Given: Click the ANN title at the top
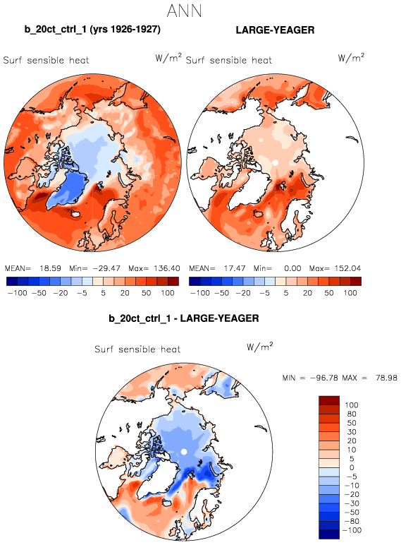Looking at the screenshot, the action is pyautogui.click(x=184, y=11).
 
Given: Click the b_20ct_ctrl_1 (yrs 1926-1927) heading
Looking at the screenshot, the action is pyautogui.click(x=92, y=29).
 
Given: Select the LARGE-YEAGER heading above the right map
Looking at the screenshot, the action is pyautogui.click(x=275, y=30).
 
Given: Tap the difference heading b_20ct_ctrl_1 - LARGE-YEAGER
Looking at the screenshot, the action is pyautogui.click(x=184, y=318).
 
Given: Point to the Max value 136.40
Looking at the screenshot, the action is pyautogui.click(x=167, y=268).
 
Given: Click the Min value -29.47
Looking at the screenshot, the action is pyautogui.click(x=106, y=268).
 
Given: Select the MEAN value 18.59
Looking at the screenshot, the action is pyautogui.click(x=50, y=268).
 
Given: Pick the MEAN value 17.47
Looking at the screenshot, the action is pyautogui.click(x=235, y=268).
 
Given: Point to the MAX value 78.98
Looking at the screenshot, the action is pyautogui.click(x=386, y=378).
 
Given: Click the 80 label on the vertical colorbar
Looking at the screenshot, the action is pyautogui.click(x=352, y=414).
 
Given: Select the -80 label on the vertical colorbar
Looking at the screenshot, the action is pyautogui.click(x=352, y=521).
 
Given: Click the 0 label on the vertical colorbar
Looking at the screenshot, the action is pyautogui.click(x=352, y=467).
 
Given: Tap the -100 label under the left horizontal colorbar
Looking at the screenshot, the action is pyautogui.click(x=18, y=293).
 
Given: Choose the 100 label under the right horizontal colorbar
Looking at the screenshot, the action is pyautogui.click(x=350, y=293).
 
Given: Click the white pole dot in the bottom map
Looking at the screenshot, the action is pyautogui.click(x=184, y=452).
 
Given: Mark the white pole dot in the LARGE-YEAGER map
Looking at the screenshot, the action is pyautogui.click(x=275, y=162).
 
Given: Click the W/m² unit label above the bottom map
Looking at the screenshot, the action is pyautogui.click(x=260, y=347).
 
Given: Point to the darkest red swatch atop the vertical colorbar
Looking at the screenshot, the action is pyautogui.click(x=329, y=400).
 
